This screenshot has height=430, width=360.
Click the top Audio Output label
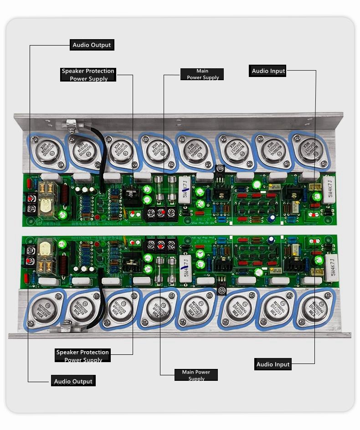(92, 45)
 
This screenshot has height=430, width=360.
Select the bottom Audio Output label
(73, 381)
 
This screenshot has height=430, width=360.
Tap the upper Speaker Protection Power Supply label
(88, 75)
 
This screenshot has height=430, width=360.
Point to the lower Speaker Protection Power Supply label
(83, 356)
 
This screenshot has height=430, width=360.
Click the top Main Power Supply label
(202, 74)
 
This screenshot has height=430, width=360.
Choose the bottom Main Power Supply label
(196, 375)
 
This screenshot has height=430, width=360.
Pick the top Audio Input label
(268, 71)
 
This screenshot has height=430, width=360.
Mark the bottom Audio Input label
(273, 364)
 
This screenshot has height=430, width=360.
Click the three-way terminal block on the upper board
(161, 213)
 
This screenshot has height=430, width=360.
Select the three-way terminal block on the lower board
(160, 245)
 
